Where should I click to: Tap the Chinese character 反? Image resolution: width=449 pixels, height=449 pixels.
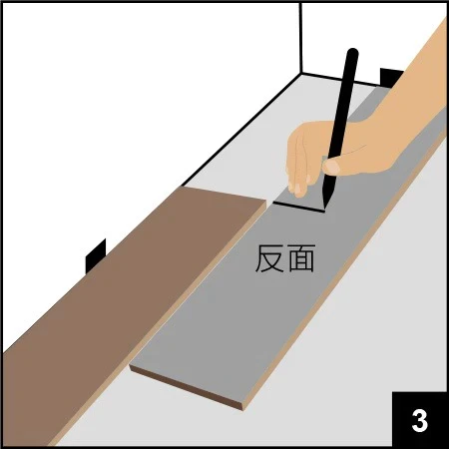click(x=268, y=260)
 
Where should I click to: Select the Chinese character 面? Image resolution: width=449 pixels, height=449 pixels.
click(x=300, y=260)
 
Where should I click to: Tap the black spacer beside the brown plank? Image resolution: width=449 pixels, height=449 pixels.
click(x=96, y=256)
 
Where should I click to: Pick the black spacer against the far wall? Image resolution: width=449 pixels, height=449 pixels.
click(x=392, y=78)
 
